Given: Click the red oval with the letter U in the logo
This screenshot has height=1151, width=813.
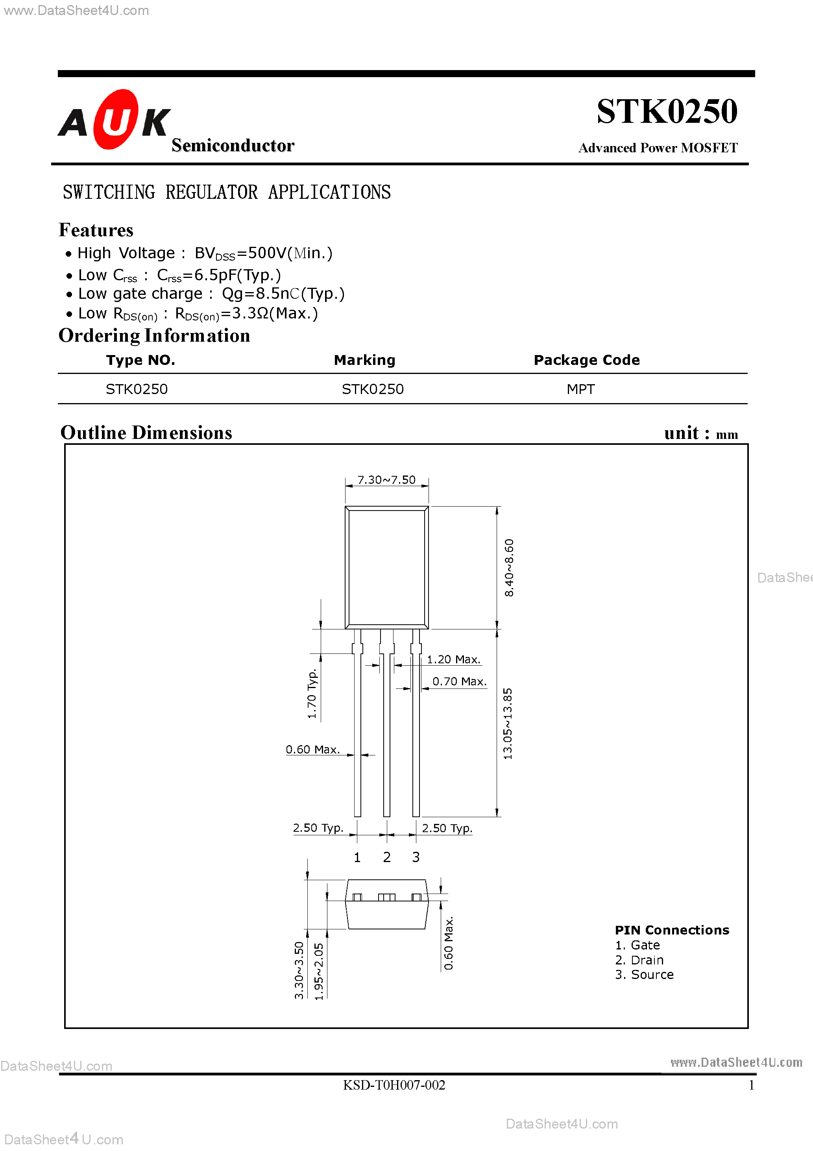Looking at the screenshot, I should point(116,119).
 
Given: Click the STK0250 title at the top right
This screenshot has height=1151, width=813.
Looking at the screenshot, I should point(666,111).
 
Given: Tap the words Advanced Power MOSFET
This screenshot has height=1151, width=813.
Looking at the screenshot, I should point(658,148).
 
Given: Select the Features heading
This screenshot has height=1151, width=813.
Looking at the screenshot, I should point(96,230).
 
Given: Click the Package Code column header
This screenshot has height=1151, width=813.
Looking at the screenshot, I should point(586,360).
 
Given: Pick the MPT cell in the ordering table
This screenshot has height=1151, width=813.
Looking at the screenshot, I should point(580,389).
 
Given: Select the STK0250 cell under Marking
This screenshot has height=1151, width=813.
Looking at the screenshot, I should point(372,389).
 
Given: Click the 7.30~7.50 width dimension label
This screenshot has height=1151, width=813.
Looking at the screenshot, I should point(386,480).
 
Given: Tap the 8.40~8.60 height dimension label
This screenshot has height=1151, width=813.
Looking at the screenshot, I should point(509,568).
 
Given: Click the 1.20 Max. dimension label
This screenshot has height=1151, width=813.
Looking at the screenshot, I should point(453,659).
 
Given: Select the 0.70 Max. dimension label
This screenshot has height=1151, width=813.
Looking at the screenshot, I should point(459,681).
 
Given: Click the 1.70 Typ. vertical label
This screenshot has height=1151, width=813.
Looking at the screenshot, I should point(312,693).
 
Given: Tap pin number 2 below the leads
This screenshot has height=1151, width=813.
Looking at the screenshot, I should point(386,857).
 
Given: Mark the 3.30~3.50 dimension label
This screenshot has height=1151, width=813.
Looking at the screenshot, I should point(299,970).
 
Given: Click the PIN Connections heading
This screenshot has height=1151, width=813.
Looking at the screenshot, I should point(672,930).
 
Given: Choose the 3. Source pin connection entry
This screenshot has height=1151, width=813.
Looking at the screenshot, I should point(644,975).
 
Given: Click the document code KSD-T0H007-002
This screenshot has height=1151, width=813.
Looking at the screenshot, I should point(394,1085).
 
